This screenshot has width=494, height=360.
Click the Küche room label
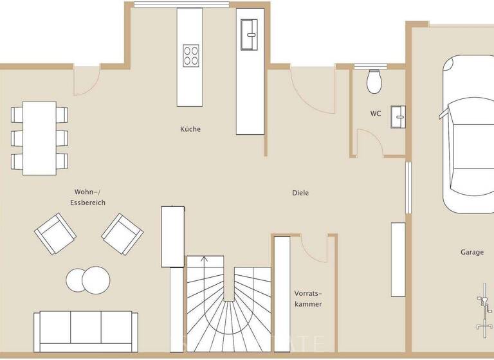tap(190, 129)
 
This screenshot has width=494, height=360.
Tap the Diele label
tap(300, 192)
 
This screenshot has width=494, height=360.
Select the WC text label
tap(376, 113)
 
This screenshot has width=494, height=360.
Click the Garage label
tap(471, 252)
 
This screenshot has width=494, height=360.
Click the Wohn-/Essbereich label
tap(88, 197)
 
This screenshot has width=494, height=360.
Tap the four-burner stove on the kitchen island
tap(190, 55)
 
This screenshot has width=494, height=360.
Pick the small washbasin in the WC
tap(399, 115)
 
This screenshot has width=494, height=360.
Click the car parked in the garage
tap(467, 135)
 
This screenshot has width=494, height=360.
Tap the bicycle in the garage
tap(481, 312)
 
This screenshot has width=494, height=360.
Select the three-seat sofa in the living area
tap(86, 327)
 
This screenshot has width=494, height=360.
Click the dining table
tap(39, 138)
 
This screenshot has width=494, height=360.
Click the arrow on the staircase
tap(205, 260)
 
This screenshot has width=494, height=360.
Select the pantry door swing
tap(315, 248)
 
